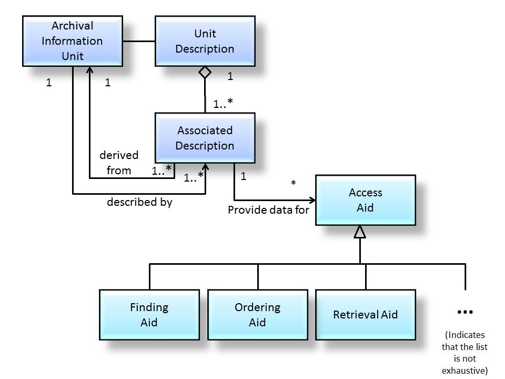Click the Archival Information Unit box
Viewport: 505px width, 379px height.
pos(73,41)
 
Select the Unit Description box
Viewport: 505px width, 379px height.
pos(205,41)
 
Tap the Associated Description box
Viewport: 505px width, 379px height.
pos(205,137)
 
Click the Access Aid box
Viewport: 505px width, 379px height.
pos(365,200)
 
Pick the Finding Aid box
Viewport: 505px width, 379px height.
pos(149,314)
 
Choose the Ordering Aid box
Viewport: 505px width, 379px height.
pos(257,314)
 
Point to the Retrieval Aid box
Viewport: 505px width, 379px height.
pos(365,314)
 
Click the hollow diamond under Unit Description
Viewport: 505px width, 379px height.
pos(205,73)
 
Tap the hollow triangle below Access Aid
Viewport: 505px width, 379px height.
pos(360,232)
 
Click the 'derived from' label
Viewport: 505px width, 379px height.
pos(119,163)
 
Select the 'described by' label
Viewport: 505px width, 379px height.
pos(139,202)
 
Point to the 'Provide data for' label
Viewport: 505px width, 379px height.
pos(268,210)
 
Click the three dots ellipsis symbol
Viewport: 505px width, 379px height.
pos(465,312)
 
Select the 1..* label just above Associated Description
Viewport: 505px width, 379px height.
pos(223,104)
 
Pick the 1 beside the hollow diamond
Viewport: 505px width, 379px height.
pos(230,77)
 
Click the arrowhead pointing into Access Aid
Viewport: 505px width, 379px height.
pos(312,200)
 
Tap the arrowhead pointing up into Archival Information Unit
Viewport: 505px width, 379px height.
pos(89,71)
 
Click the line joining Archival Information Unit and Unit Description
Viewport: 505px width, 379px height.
pos(139,41)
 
